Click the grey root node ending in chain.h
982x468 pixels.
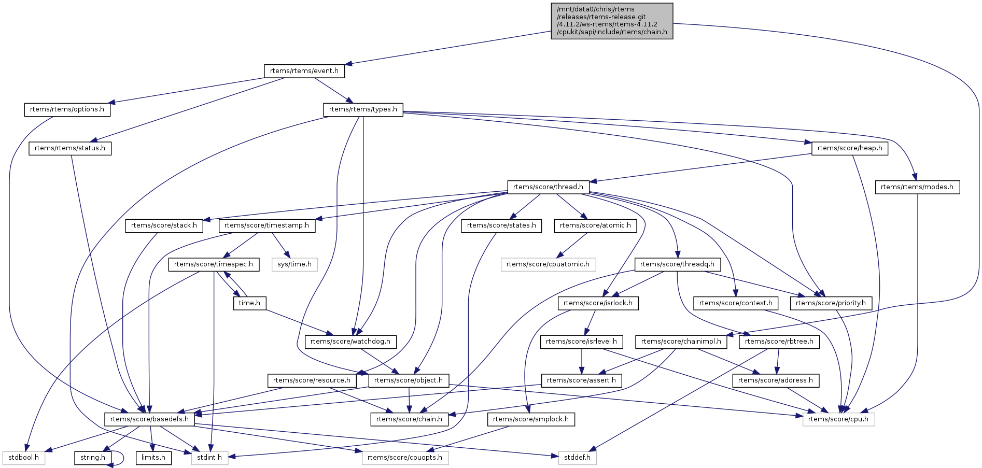coord(612,21)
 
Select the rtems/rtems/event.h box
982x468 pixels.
coord(304,71)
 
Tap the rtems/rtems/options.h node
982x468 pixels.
coord(67,109)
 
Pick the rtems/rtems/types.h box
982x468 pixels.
coord(363,109)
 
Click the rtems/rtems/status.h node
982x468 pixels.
coord(70,148)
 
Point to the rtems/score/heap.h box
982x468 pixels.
coord(850,148)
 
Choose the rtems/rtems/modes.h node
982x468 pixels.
coord(917,187)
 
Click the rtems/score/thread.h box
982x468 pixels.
coord(548,187)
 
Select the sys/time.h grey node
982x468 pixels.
coord(294,264)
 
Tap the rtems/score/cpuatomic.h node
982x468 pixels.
coord(548,264)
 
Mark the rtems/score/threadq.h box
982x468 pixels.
coord(677,264)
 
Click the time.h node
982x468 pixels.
coord(249,303)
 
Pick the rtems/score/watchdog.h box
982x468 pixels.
coord(350,342)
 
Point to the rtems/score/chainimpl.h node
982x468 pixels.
coord(681,342)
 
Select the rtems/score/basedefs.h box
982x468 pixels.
coord(149,419)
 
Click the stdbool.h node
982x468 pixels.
coord(24,458)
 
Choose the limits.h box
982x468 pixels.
coord(153,458)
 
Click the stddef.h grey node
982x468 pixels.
coord(578,458)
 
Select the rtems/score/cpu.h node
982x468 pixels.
coord(838,419)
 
